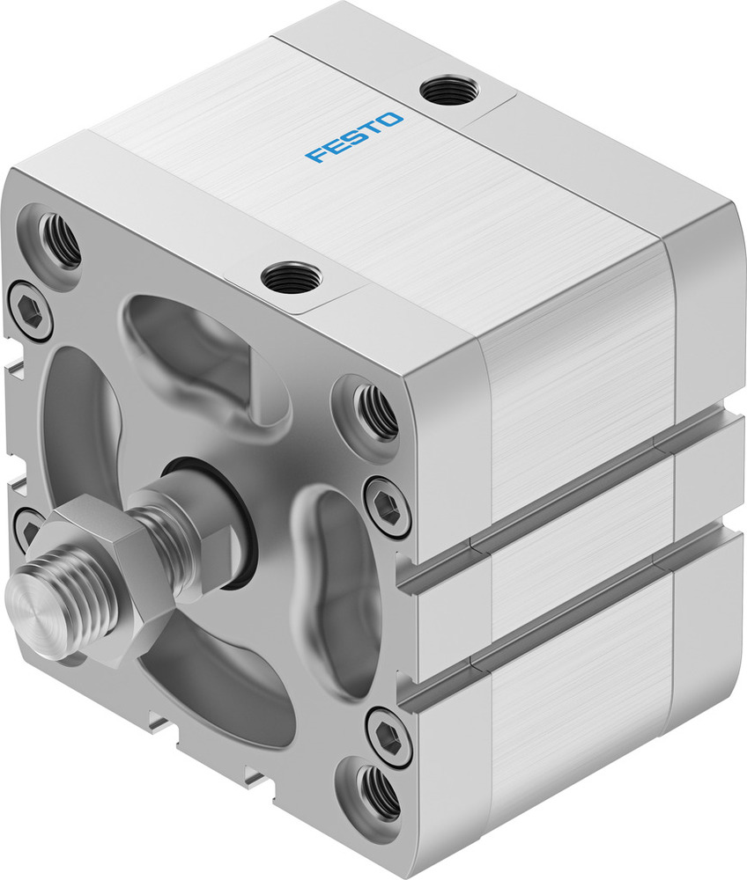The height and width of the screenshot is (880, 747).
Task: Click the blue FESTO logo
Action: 354,137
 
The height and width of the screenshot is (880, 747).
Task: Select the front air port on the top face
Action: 289,278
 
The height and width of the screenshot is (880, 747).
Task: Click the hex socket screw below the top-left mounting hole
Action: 29,311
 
